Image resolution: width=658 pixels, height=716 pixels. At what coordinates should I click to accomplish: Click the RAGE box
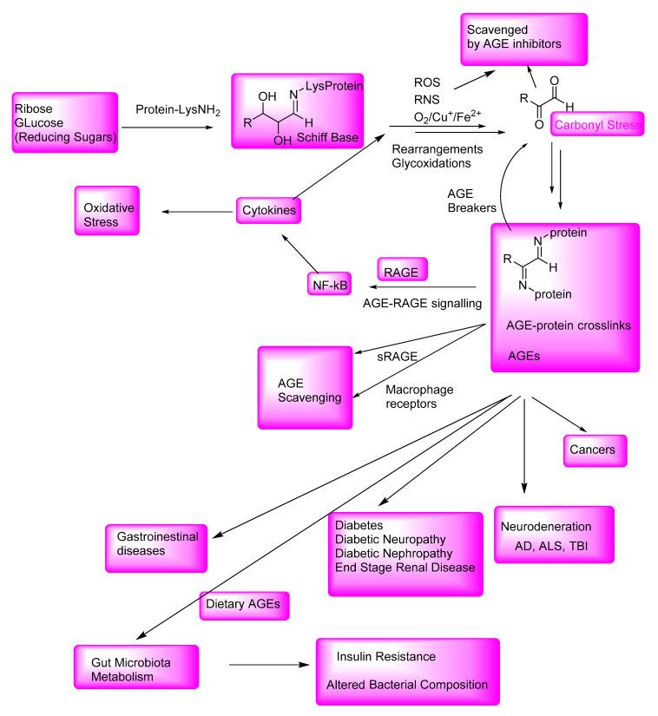tap(405, 273)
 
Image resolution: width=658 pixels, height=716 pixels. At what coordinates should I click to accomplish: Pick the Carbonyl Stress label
tap(597, 125)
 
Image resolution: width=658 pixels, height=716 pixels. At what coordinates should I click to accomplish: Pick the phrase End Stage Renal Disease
tap(405, 568)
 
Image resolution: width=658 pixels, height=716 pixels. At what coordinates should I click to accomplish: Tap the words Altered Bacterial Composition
tap(407, 684)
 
